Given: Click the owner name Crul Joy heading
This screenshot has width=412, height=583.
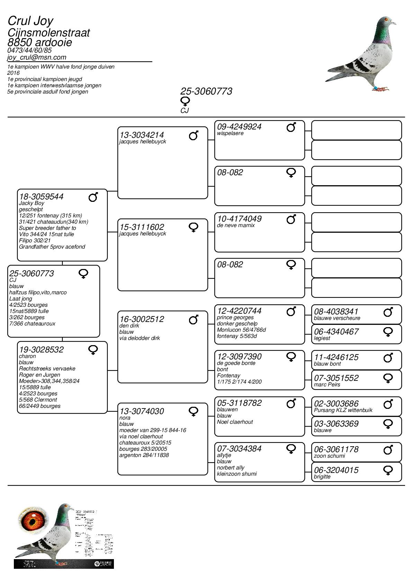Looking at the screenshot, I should click(x=30, y=21).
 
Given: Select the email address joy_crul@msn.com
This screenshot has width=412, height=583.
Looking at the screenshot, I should click(x=37, y=57).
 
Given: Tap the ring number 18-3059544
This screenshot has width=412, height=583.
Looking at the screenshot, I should click(x=41, y=197).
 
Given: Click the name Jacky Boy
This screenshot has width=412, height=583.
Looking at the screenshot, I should click(x=32, y=203).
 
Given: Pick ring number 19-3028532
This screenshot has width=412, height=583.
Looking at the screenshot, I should click(x=41, y=350).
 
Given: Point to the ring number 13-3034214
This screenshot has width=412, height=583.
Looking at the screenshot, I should click(x=142, y=135).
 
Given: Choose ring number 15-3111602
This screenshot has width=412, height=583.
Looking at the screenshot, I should click(x=142, y=227).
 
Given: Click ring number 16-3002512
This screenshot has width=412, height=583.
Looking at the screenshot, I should click(x=142, y=319).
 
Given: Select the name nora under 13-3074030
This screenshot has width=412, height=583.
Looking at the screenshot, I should click(x=125, y=418).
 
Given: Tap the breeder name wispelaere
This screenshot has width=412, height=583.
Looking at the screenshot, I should click(x=230, y=133).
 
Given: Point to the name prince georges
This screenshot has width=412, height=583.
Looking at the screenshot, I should click(x=235, y=317).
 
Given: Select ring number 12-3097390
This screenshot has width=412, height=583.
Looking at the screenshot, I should click(x=239, y=357).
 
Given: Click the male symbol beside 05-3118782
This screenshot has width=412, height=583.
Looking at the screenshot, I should click(x=291, y=404).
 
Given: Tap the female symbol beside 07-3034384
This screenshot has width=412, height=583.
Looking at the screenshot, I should click(x=291, y=449).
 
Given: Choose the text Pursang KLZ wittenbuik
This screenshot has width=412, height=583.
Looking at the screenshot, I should click(x=343, y=410).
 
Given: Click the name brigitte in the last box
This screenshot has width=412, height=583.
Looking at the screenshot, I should click(x=322, y=477).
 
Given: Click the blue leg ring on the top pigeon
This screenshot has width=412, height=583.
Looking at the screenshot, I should click(x=375, y=87).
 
